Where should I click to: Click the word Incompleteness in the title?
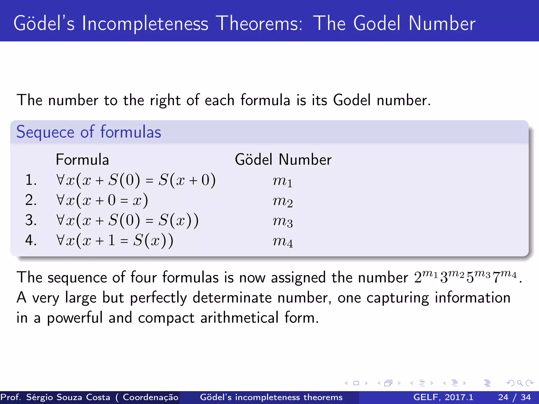[145, 24]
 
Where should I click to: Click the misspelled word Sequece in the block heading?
[45, 132]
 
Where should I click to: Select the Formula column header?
[82, 160]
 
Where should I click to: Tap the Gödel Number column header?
[283, 160]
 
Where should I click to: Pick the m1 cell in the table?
[282, 181]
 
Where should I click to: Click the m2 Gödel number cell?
[282, 201]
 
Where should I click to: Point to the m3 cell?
[282, 221]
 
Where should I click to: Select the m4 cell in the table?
[282, 241]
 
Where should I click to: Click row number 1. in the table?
[31, 180]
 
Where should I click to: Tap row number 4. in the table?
[31, 240]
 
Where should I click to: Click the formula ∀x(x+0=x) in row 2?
[102, 200]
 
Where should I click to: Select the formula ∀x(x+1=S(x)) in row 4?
[115, 240]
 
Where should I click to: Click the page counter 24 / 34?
[514, 397]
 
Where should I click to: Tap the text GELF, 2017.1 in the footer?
[443, 397]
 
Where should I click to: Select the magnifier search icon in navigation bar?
[520, 383]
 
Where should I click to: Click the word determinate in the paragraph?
[232, 298]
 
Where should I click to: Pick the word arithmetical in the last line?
[239, 318]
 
